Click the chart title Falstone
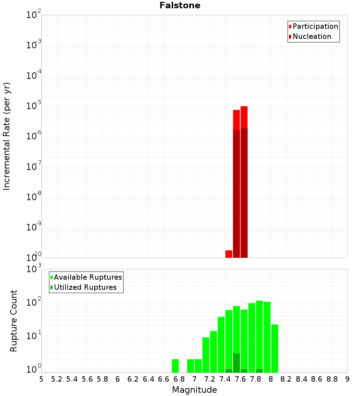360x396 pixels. [x=180, y=5]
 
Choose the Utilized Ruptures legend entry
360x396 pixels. [x=85, y=287]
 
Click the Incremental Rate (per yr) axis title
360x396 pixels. [x=7, y=136]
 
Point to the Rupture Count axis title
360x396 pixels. [x=14, y=320]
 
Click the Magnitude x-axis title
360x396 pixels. [x=194, y=390]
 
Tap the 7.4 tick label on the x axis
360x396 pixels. [x=225, y=379]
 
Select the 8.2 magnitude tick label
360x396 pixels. [x=286, y=379]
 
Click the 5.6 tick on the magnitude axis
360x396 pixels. [x=87, y=379]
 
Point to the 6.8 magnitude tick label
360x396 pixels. [x=179, y=379]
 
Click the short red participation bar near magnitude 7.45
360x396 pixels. [x=229, y=254]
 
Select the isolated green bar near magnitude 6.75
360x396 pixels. [x=175, y=366]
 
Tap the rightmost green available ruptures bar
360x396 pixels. [x=275, y=348]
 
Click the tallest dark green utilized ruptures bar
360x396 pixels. [x=236, y=363]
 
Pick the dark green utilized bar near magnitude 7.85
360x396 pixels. [x=259, y=371]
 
